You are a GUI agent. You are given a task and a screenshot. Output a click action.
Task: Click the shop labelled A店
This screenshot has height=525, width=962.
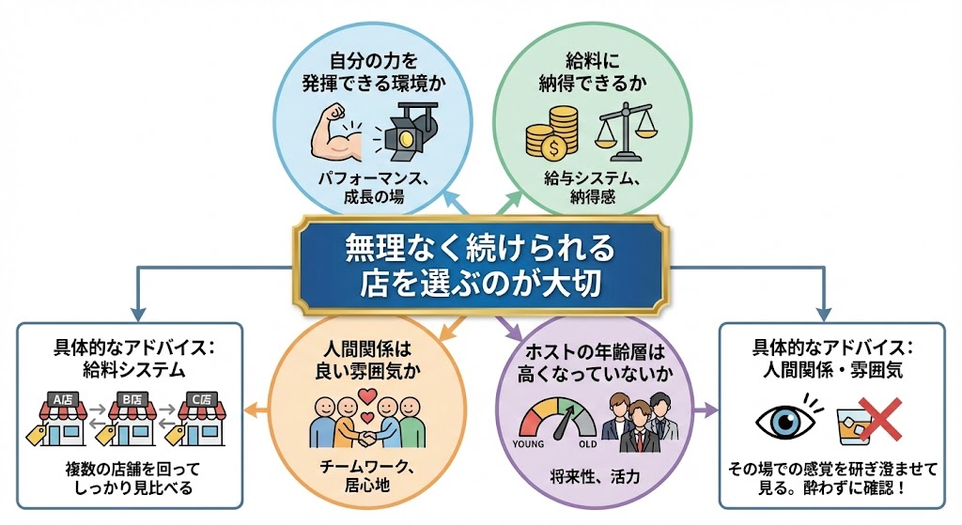(61, 418)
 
